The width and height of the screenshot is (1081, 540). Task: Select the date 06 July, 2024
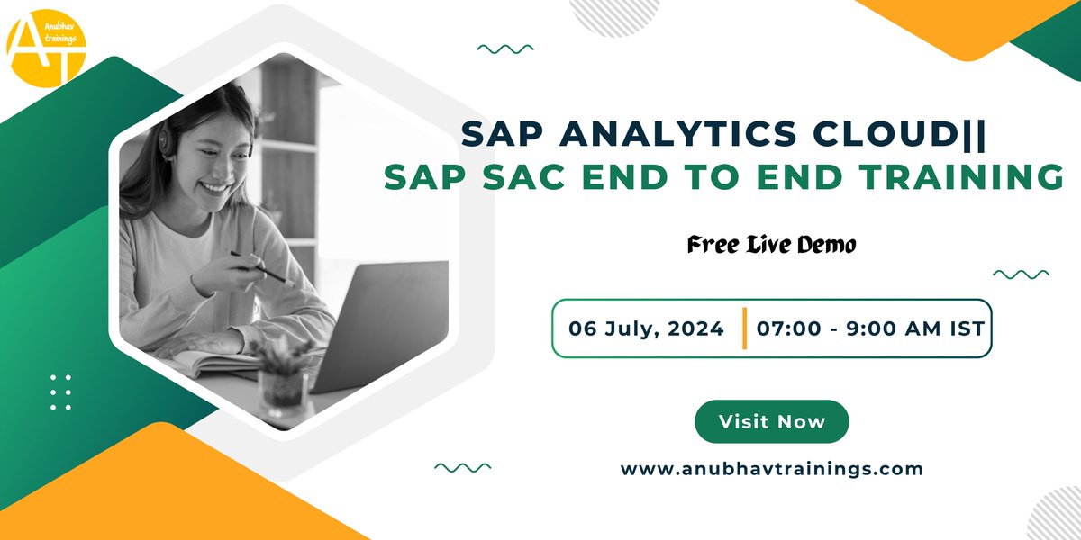[x=646, y=328]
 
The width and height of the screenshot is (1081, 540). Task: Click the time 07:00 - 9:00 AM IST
[x=869, y=328]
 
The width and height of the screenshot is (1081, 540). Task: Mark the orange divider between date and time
[x=745, y=328]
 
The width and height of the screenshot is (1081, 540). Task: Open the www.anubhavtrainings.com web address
[x=772, y=469]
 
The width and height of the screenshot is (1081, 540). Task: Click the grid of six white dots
[x=60, y=392]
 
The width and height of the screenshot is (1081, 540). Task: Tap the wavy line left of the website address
[x=462, y=467]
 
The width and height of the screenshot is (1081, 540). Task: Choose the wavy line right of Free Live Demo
[x=1020, y=274]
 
